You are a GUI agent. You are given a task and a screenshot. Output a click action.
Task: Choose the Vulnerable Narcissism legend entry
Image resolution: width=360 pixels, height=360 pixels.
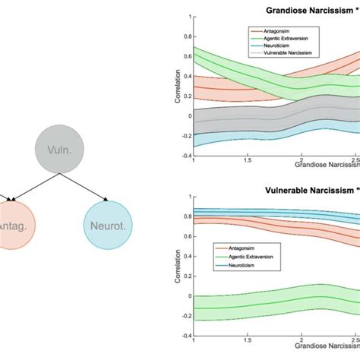coord(292,54)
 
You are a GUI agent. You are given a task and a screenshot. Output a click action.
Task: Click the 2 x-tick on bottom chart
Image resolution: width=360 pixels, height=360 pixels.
coord(302,340)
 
